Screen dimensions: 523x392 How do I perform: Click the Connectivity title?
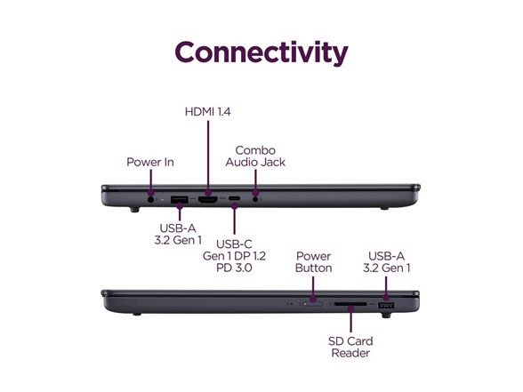(261, 52)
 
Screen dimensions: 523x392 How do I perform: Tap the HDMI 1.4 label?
(208, 112)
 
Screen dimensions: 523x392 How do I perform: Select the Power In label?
(150, 163)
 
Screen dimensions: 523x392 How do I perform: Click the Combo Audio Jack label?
(255, 156)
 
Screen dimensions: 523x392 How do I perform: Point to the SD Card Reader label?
(350, 347)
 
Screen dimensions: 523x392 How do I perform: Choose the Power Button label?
(313, 262)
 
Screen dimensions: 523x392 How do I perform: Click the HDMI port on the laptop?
(208, 200)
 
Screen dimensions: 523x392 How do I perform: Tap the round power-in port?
(151, 199)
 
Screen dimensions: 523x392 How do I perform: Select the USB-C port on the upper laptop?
(234, 199)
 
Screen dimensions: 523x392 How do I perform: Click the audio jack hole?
(255, 199)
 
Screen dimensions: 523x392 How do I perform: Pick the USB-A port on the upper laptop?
(179, 200)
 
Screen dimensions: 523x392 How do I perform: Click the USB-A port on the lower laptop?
(386, 306)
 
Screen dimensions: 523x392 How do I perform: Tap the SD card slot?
(350, 304)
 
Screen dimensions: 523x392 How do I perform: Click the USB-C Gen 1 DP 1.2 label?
(234, 256)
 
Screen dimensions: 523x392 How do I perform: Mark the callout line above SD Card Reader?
(350, 319)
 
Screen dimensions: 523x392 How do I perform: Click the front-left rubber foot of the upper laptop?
(134, 210)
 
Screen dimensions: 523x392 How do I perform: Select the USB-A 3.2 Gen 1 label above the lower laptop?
(387, 262)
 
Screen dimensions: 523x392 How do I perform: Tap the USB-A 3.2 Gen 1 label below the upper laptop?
(178, 234)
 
